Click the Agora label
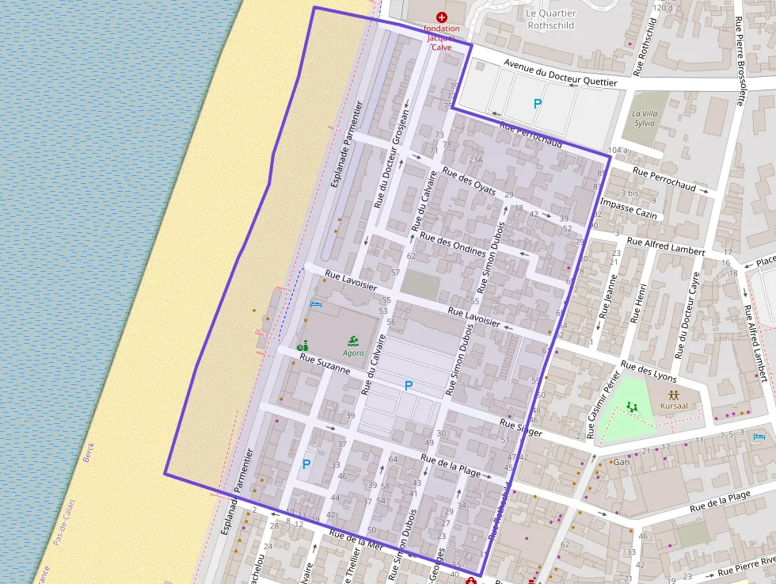coord(354,353)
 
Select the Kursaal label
coord(674,405)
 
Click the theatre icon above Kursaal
coord(674,393)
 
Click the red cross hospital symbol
coord(441,17)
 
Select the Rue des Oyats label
coord(470,181)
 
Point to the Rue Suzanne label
coord(325,364)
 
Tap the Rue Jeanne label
coord(607,296)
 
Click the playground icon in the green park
coord(631,406)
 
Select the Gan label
coord(622,462)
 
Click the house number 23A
coord(475,159)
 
